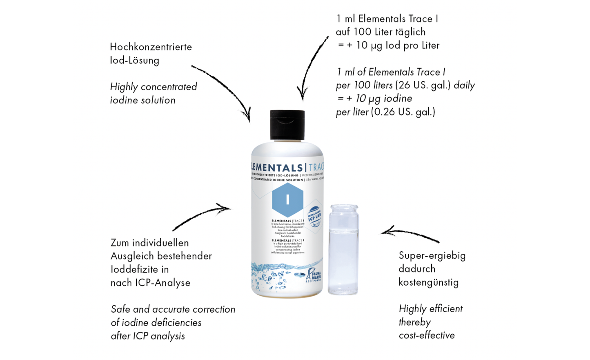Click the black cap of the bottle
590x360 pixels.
coord(287,125)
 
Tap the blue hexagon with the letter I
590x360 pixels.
coord(287,199)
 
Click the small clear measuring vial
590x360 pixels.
coord(343,249)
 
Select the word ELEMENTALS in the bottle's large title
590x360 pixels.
coord(276,168)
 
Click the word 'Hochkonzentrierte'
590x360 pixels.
coord(151,47)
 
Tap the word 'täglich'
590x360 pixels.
coord(410,32)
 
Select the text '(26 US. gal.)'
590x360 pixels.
coord(423,85)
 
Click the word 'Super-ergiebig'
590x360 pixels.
coord(432,256)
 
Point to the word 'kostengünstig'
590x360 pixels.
coord(428,282)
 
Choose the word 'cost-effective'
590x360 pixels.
coord(427,335)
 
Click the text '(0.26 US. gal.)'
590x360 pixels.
coord(403,112)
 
